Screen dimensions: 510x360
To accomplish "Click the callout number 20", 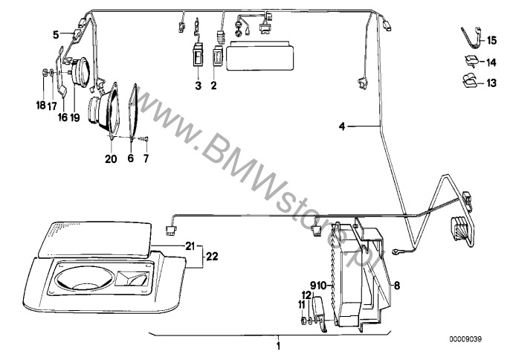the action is (111, 158).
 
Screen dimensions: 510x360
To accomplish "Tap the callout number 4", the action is (342, 126).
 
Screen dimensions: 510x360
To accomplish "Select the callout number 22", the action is (212, 257).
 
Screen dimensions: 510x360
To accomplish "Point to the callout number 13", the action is (491, 83).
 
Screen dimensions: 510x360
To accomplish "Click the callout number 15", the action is (491, 40).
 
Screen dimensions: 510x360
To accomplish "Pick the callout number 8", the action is (397, 286).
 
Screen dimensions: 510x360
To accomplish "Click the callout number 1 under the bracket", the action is (278, 345).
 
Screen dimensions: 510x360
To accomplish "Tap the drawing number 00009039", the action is (465, 339).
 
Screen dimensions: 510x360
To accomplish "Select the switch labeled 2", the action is (218, 57).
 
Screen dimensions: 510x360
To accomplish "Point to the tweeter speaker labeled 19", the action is (80, 72).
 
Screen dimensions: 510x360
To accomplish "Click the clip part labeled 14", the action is (471, 61).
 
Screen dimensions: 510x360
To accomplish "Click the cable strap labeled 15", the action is (471, 39).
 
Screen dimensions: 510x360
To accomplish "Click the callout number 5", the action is (56, 34).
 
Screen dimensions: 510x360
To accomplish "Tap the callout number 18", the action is (41, 105).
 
